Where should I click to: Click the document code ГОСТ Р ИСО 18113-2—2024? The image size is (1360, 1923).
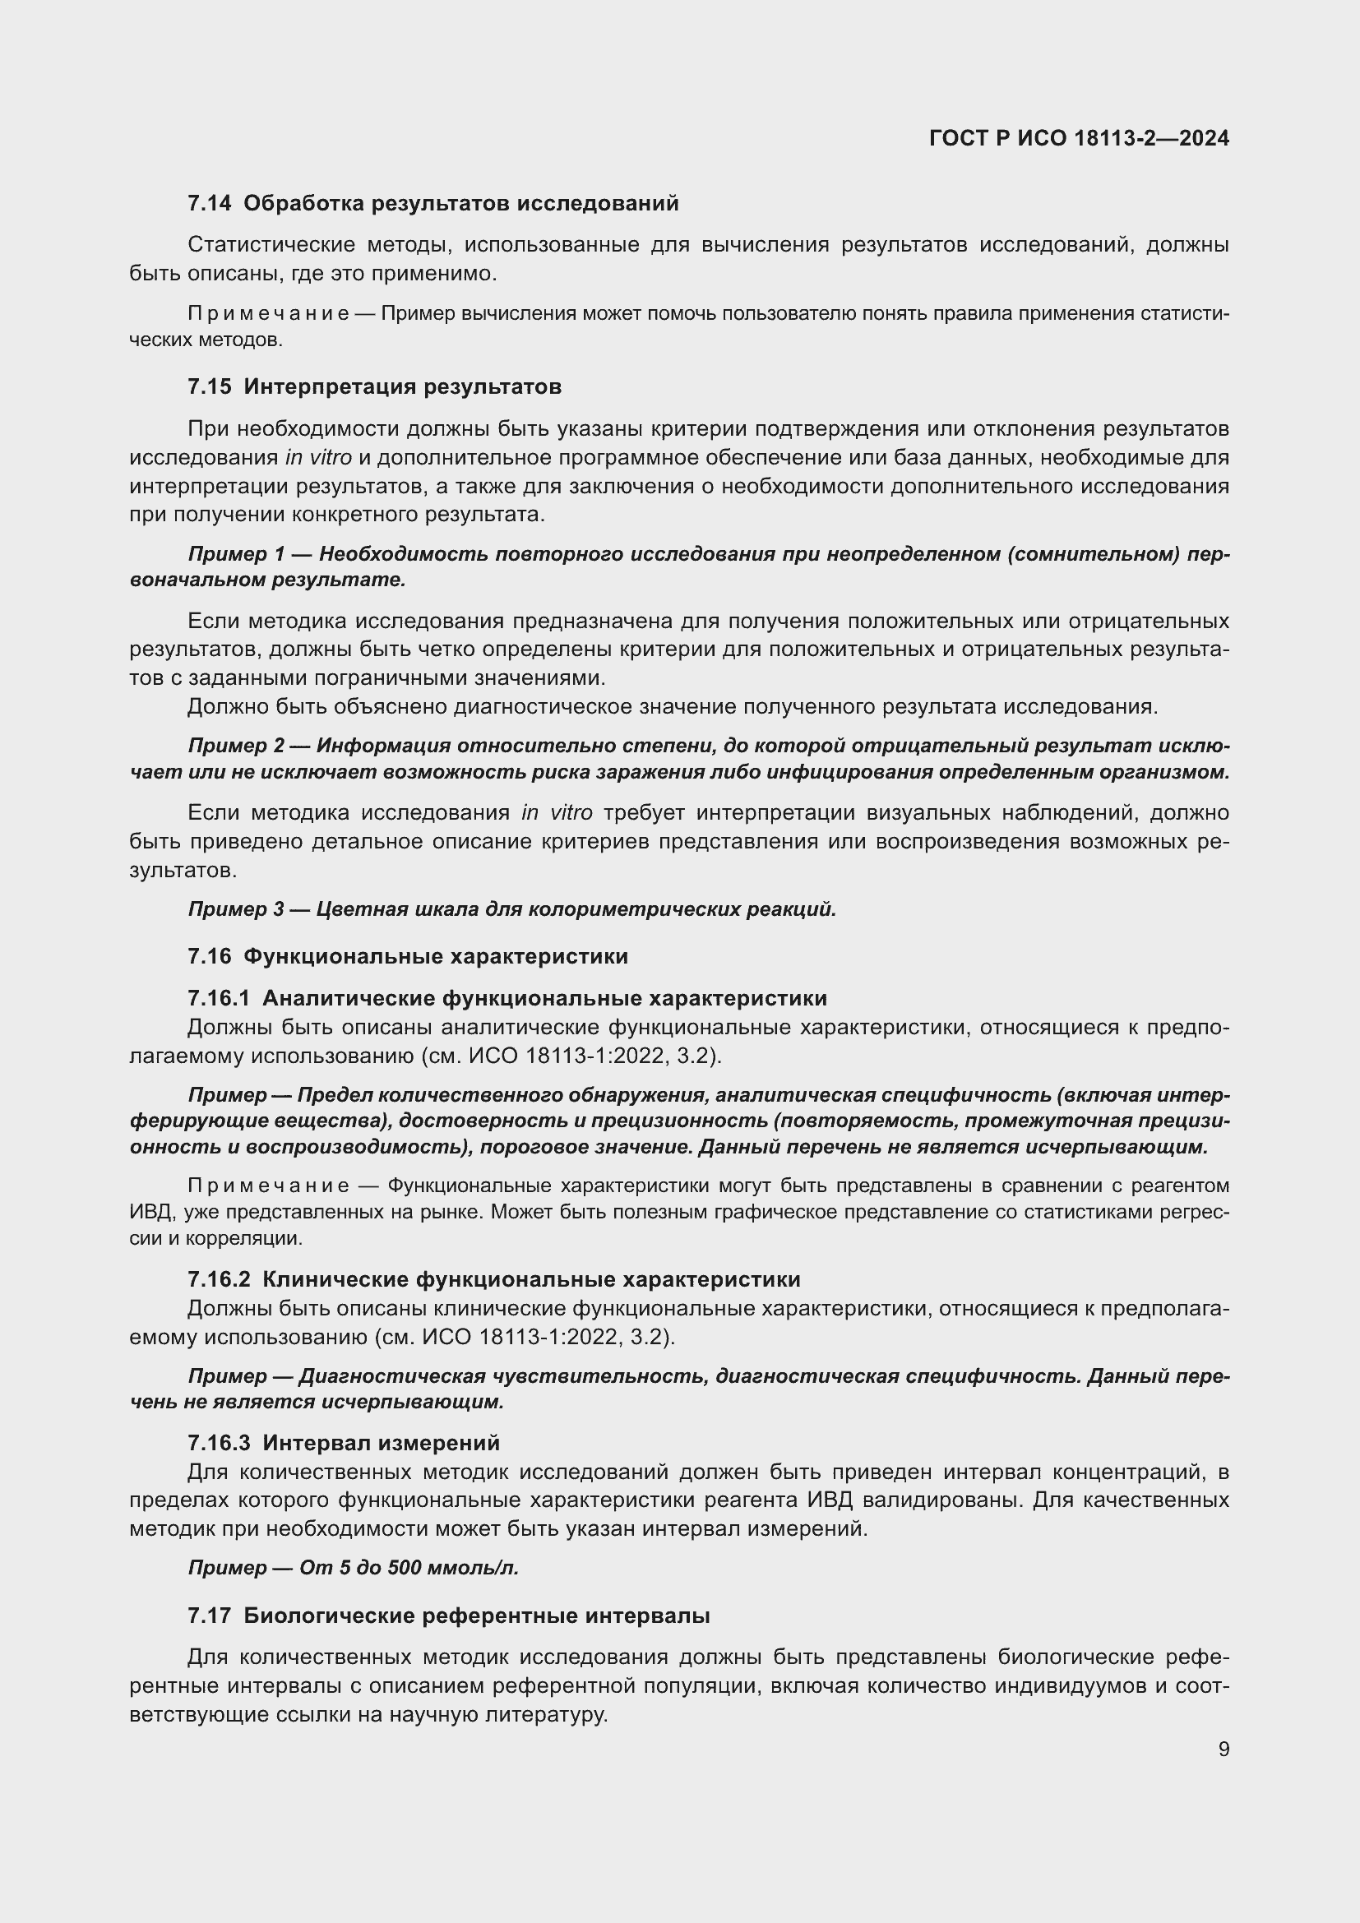pos(1079,139)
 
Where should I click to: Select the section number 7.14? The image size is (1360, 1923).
pos(210,204)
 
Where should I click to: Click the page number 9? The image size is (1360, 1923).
pos(1224,1749)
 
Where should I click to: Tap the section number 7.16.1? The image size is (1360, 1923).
pos(219,998)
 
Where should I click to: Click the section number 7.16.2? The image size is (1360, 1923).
pos(219,1280)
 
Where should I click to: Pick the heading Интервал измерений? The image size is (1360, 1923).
pos(381,1443)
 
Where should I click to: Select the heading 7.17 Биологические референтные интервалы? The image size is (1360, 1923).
pos(449,1616)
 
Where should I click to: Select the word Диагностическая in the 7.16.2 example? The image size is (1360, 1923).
pos(392,1376)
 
